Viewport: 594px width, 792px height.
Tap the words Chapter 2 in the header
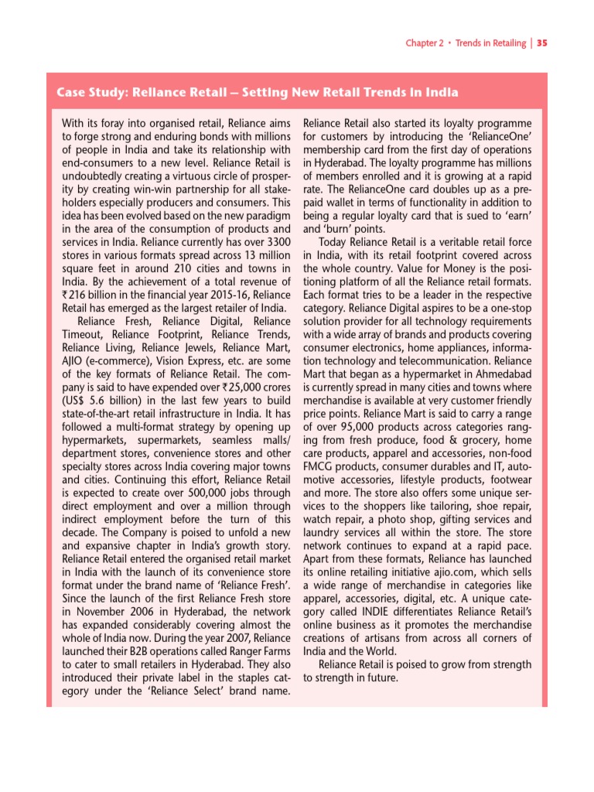(x=425, y=43)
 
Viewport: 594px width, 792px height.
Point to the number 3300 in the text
(x=275, y=243)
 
